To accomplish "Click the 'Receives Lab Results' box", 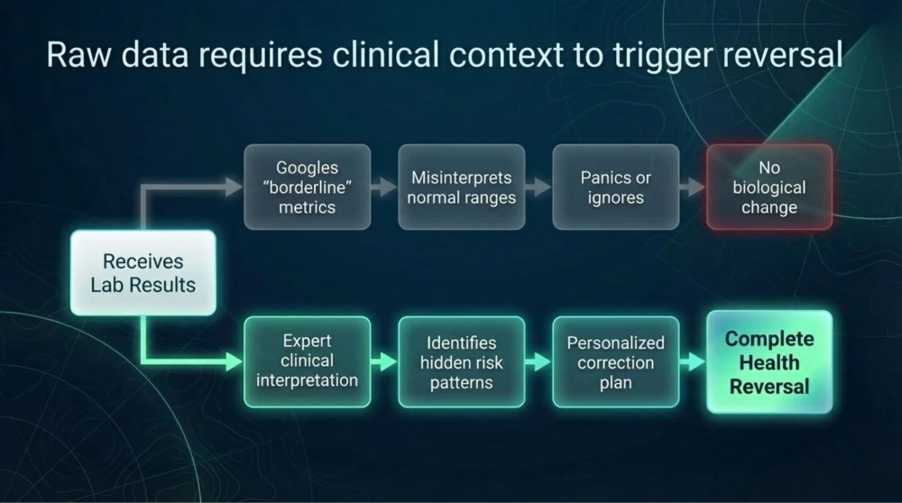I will [x=143, y=273].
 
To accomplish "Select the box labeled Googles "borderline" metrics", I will [x=307, y=187].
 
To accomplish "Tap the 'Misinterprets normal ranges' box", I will [x=461, y=187].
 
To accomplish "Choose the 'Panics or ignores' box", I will [x=615, y=187].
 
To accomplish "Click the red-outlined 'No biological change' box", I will [x=769, y=187].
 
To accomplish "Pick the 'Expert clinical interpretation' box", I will [x=307, y=361].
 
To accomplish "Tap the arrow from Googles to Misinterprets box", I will [x=384, y=187].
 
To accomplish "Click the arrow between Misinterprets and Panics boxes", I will [x=538, y=187].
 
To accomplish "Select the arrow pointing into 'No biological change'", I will [x=692, y=187].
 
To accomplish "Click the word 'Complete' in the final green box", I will [x=769, y=340].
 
